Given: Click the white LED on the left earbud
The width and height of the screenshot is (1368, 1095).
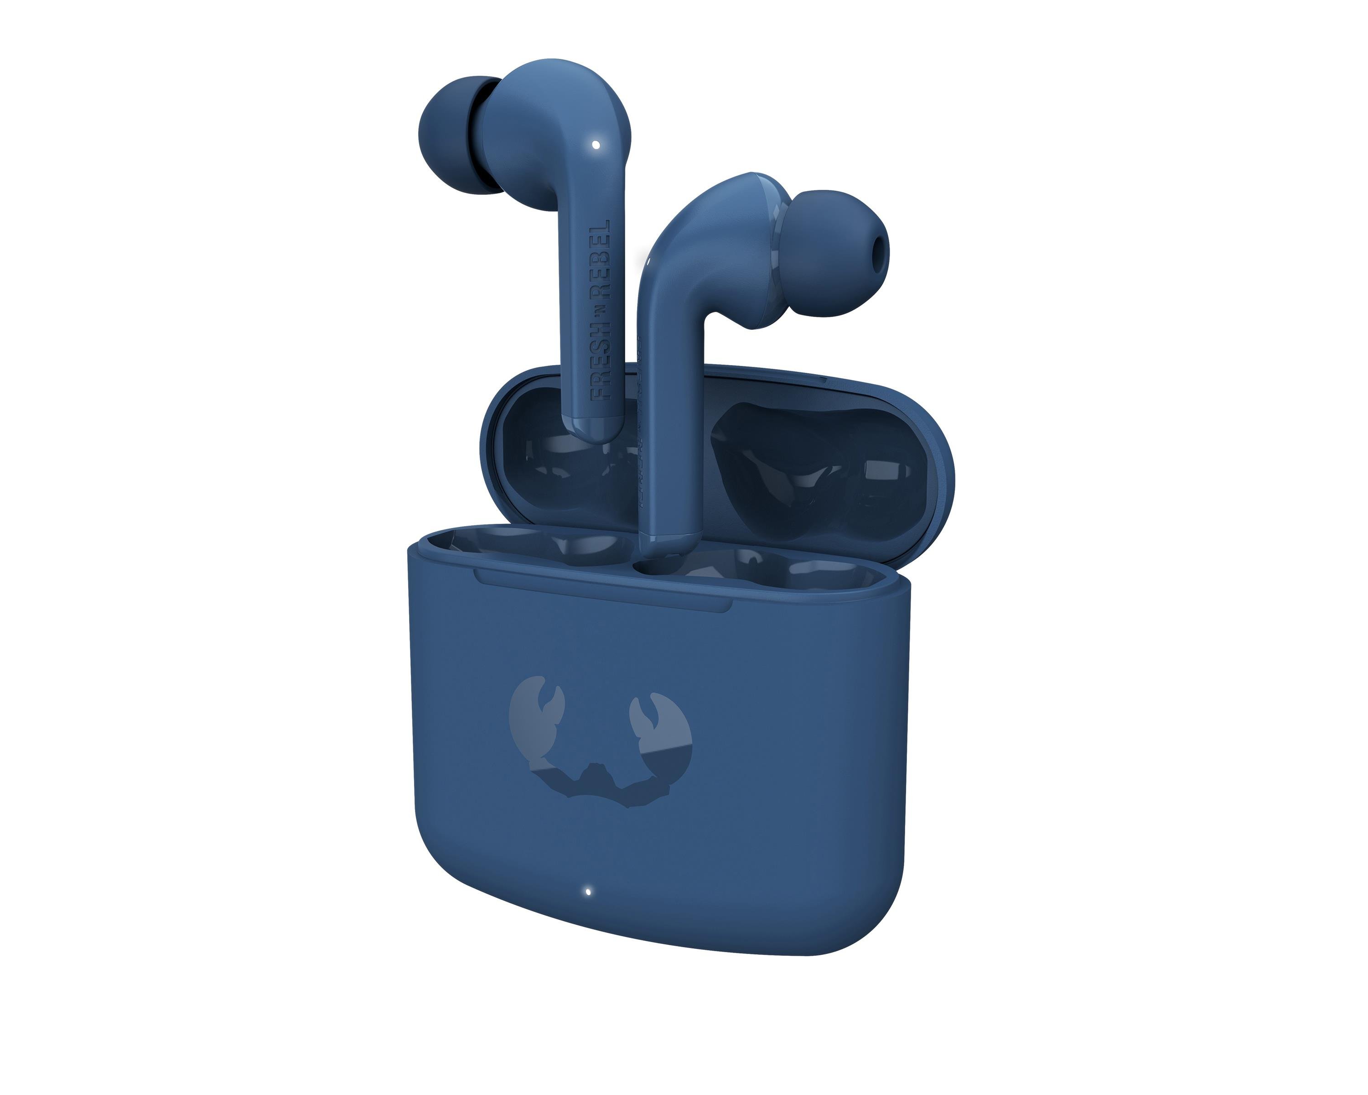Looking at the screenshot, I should click(596, 145).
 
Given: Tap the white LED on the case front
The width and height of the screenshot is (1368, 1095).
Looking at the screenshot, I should click(589, 891).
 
